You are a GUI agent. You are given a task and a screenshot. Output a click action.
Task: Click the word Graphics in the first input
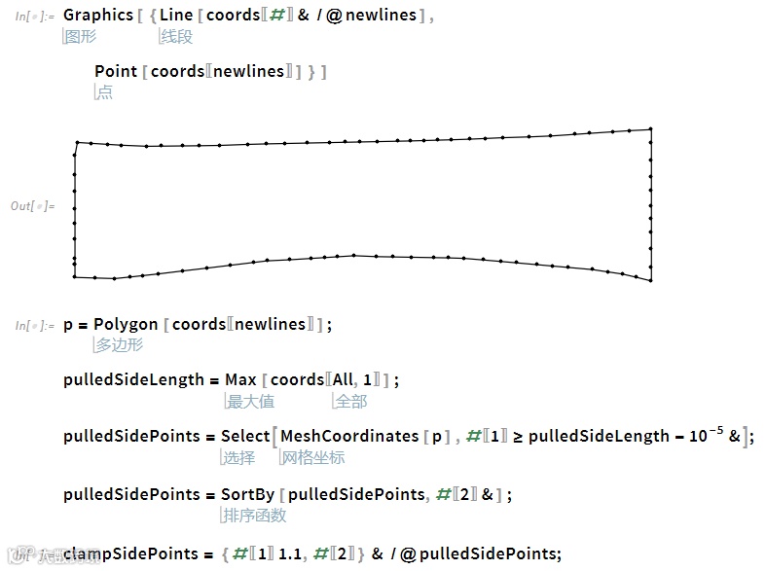97,16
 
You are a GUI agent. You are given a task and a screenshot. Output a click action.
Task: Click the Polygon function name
126,324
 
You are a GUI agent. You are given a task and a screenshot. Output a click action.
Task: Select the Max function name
240,379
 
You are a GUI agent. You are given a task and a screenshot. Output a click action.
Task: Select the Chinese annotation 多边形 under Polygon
119,345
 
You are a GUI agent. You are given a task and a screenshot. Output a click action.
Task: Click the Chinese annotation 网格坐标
312,457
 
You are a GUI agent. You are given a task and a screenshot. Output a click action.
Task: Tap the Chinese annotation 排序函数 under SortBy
255,515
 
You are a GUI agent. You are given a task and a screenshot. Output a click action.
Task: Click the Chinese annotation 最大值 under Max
250,401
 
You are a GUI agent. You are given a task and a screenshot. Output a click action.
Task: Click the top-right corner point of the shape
650,128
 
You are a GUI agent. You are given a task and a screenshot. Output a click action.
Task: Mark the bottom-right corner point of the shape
650,280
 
